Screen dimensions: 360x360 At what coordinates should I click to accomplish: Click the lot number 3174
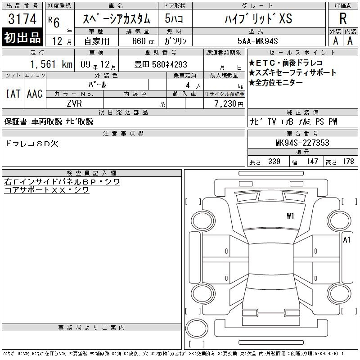click(22, 19)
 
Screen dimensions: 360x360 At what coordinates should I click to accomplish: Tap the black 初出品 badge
click(22, 37)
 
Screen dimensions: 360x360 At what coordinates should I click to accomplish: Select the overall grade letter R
click(343, 18)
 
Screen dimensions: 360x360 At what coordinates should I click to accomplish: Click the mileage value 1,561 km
click(51, 64)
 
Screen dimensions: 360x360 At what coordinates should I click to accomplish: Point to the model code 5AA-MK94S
click(257, 41)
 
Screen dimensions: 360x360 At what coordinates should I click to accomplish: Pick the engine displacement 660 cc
click(143, 41)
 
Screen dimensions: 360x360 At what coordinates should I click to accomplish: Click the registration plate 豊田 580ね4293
click(161, 64)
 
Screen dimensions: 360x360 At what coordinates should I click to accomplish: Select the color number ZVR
click(74, 103)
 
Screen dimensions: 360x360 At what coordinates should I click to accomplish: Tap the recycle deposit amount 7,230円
click(229, 104)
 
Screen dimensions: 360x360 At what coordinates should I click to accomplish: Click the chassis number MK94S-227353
click(302, 143)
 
